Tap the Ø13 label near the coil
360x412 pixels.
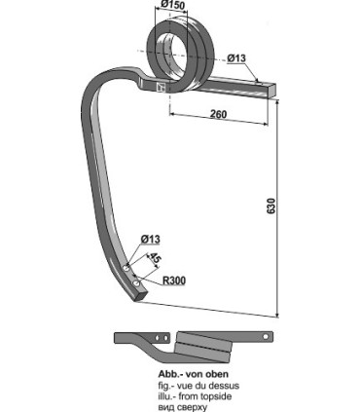(236, 56)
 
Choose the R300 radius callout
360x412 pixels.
(172, 281)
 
